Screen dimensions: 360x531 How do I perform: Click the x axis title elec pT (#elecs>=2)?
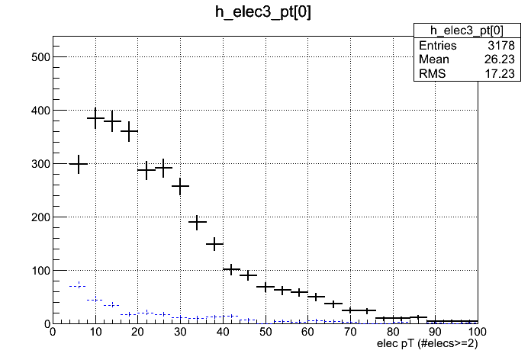tap(428, 345)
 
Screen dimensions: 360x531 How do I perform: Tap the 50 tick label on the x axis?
tap(265, 333)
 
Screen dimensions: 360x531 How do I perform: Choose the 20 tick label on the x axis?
tap(137, 333)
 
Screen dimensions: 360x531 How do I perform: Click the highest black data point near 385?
tap(95, 118)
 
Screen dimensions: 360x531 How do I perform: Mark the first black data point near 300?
tap(79, 164)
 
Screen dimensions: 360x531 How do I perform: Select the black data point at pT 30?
tap(180, 186)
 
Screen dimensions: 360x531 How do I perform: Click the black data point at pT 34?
tap(198, 222)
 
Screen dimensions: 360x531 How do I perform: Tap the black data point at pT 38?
tap(214, 244)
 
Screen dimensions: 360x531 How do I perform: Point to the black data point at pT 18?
tap(130, 131)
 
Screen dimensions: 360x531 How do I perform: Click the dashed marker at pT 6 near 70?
tap(79, 286)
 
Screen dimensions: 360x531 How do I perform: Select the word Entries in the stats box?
tap(437, 46)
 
